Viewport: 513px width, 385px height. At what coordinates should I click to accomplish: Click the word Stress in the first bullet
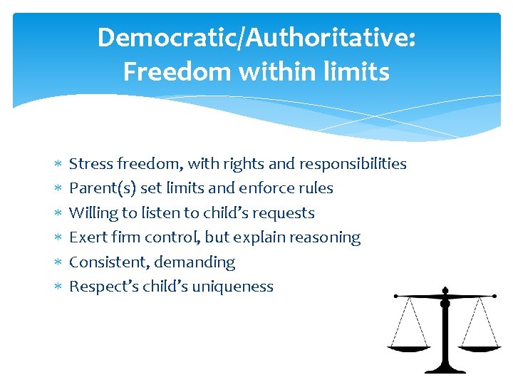click(89, 164)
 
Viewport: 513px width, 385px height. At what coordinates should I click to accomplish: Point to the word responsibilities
click(353, 164)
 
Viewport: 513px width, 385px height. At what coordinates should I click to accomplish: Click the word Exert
click(86, 237)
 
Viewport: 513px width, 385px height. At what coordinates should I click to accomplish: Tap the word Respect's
click(100, 287)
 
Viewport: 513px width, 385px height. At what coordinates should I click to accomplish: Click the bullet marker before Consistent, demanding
click(58, 262)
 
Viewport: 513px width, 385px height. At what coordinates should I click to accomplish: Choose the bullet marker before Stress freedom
click(58, 164)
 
